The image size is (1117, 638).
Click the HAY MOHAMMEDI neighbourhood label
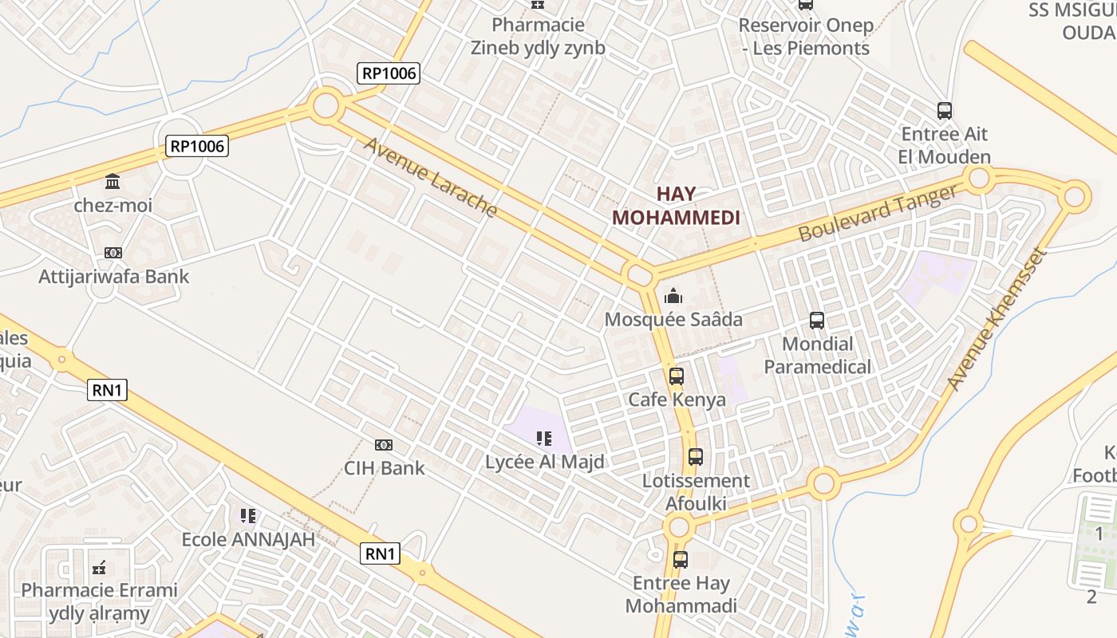(x=676, y=206)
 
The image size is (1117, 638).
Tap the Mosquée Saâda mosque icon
(x=673, y=297)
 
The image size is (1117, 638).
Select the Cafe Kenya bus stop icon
(x=677, y=376)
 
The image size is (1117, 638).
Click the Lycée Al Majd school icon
(x=544, y=438)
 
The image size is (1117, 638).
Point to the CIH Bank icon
(x=384, y=445)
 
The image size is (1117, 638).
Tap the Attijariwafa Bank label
(x=114, y=277)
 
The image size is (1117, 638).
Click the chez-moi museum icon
(x=112, y=182)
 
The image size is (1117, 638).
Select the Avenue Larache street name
(x=431, y=177)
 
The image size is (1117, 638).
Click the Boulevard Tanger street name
(x=877, y=213)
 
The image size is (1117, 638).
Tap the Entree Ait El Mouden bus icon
(x=945, y=111)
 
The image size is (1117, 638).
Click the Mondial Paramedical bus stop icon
(x=817, y=321)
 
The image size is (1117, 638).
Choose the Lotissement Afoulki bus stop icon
(x=696, y=457)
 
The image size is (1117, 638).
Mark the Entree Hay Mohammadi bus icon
(x=681, y=560)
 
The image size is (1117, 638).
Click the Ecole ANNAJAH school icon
(x=248, y=516)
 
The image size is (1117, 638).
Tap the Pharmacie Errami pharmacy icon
(x=99, y=568)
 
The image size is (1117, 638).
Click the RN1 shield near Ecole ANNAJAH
(x=380, y=553)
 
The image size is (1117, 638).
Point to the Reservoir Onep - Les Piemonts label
(x=805, y=37)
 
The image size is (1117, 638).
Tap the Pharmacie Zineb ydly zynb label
(x=538, y=37)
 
